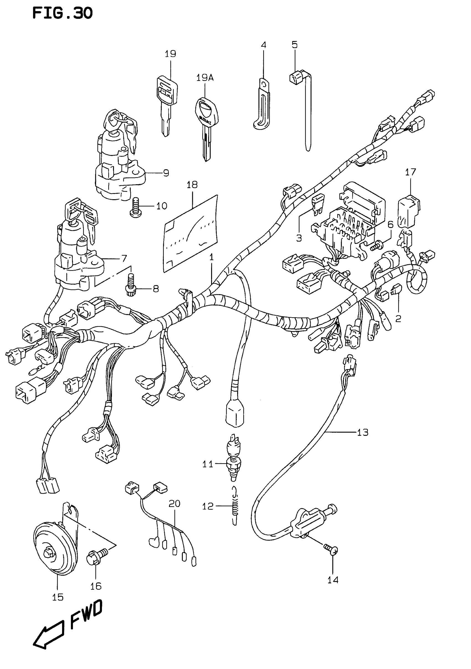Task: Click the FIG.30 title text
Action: click(x=62, y=13)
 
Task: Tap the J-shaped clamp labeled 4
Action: click(x=262, y=105)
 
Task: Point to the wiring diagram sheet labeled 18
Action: click(x=191, y=233)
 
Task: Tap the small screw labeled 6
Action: click(x=376, y=245)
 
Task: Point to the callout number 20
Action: click(x=174, y=504)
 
